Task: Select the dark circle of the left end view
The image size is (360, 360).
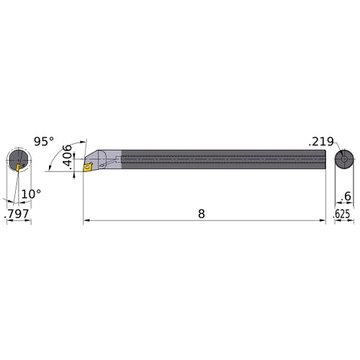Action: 19,159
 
